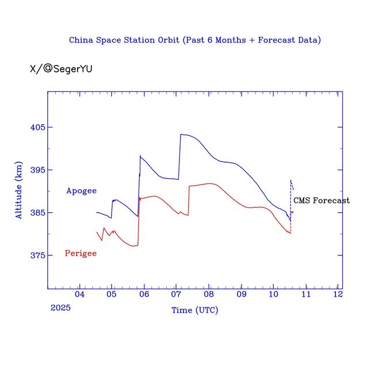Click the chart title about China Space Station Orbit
click(194, 40)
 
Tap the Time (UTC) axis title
click(194, 310)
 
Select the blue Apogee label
click(81, 190)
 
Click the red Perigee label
click(80, 253)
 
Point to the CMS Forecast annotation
click(321, 200)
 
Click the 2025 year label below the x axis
click(60, 308)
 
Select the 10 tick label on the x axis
click(273, 294)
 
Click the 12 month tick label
click(338, 294)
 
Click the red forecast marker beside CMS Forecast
click(292, 212)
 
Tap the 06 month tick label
click(144, 294)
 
